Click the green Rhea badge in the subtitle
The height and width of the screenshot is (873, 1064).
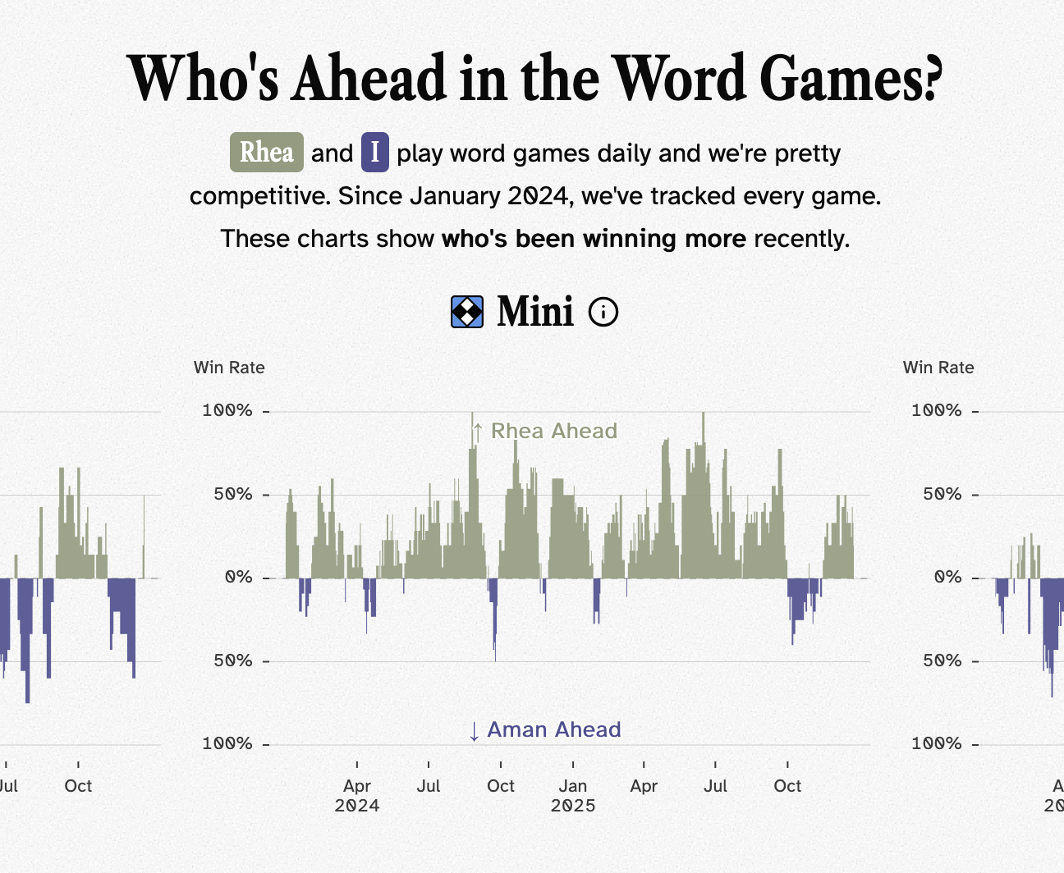click(x=266, y=153)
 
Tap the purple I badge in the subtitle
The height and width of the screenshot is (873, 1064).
click(x=374, y=153)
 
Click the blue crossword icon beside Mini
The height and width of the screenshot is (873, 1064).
click(x=467, y=312)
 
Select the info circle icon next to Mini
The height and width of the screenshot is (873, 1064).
click(x=603, y=312)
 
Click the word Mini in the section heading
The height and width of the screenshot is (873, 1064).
click(x=534, y=312)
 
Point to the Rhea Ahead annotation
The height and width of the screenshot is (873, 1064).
click(x=545, y=431)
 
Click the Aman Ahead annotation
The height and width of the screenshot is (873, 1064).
click(x=545, y=729)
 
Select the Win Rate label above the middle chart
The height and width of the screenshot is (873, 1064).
click(x=229, y=368)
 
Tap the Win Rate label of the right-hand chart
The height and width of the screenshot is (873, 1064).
click(x=938, y=368)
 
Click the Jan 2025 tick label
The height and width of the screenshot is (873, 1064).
click(x=573, y=795)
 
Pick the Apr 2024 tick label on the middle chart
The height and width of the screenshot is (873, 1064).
click(x=357, y=795)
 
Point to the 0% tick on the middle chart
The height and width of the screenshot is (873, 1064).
click(x=238, y=578)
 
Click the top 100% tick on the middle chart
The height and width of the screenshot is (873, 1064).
click(x=227, y=410)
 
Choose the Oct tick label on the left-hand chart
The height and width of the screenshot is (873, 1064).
click(x=78, y=786)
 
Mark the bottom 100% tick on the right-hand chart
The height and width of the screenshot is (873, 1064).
click(x=937, y=743)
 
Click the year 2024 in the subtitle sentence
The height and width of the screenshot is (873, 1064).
click(x=538, y=196)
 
